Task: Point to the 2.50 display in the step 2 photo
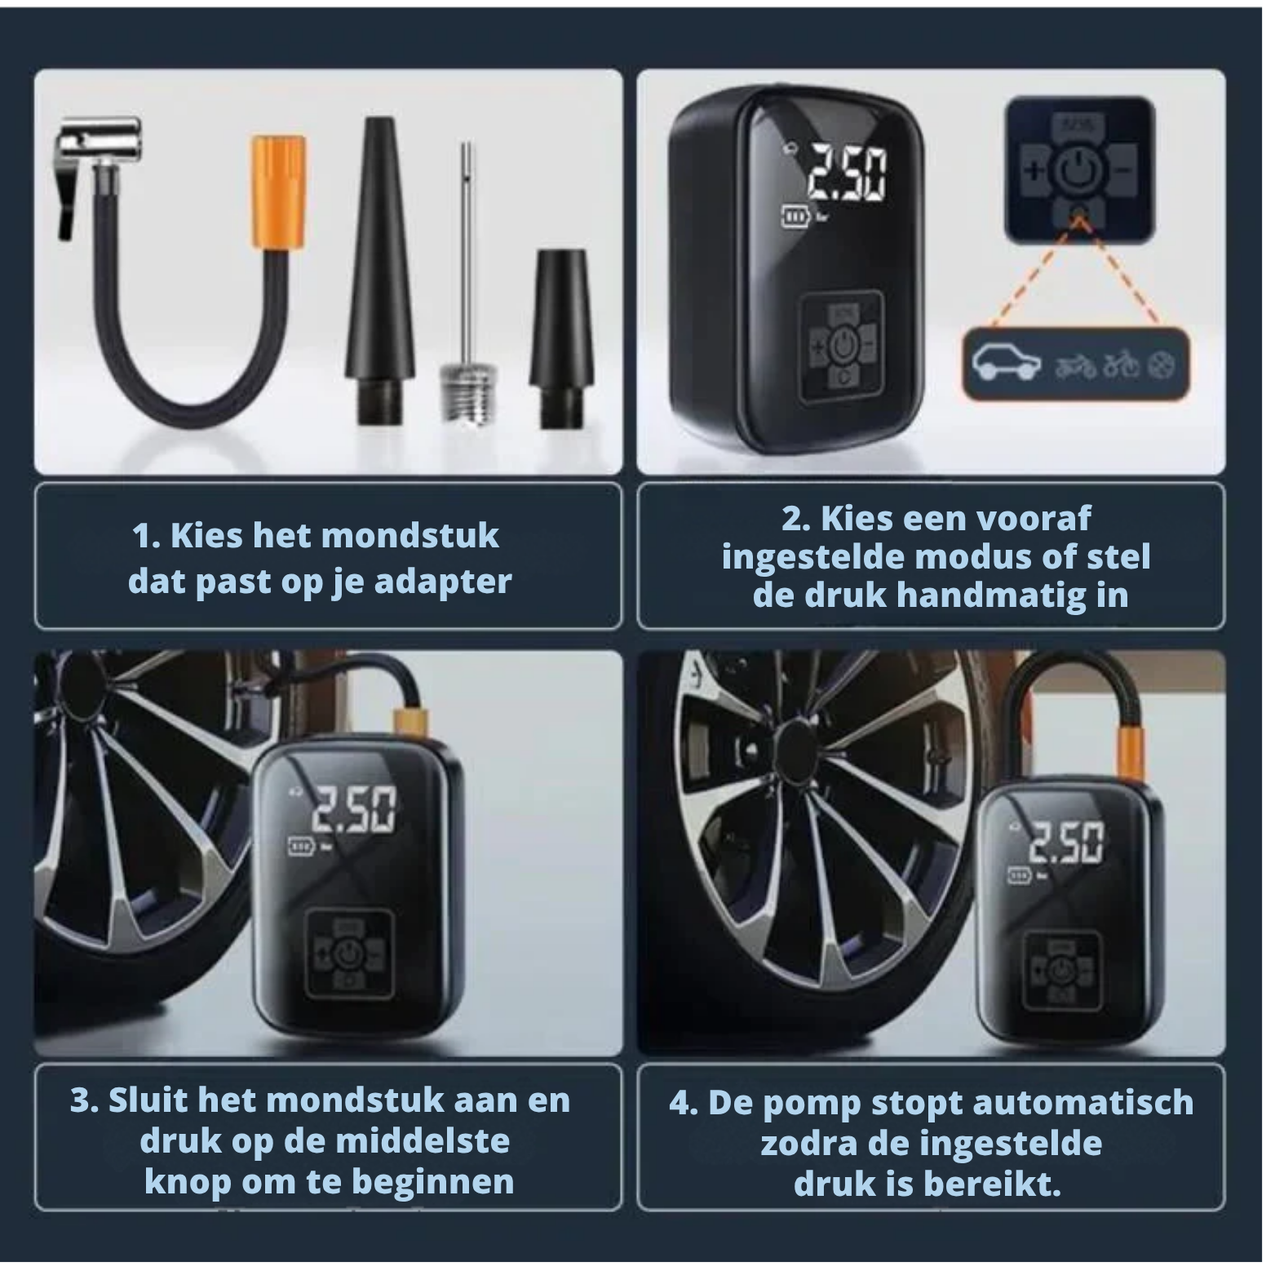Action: [844, 174]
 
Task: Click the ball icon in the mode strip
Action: [1161, 367]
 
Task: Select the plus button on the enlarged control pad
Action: [1034, 171]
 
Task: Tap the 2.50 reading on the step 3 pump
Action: [356, 811]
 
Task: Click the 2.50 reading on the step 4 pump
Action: [1066, 843]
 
